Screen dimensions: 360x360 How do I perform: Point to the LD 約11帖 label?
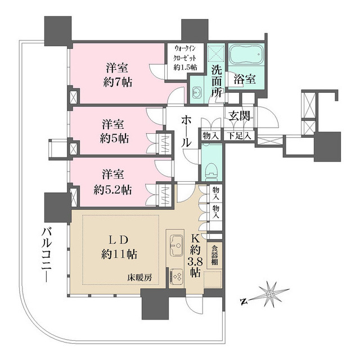pos(119,246)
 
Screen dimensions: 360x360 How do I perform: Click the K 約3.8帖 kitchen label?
pos(195,254)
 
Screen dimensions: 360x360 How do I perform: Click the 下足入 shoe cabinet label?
pos(240,136)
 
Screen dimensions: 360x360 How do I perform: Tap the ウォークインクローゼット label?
pos(186,57)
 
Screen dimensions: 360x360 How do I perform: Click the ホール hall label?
pos(187,131)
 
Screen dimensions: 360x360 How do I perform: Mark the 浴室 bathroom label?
pos(245,79)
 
